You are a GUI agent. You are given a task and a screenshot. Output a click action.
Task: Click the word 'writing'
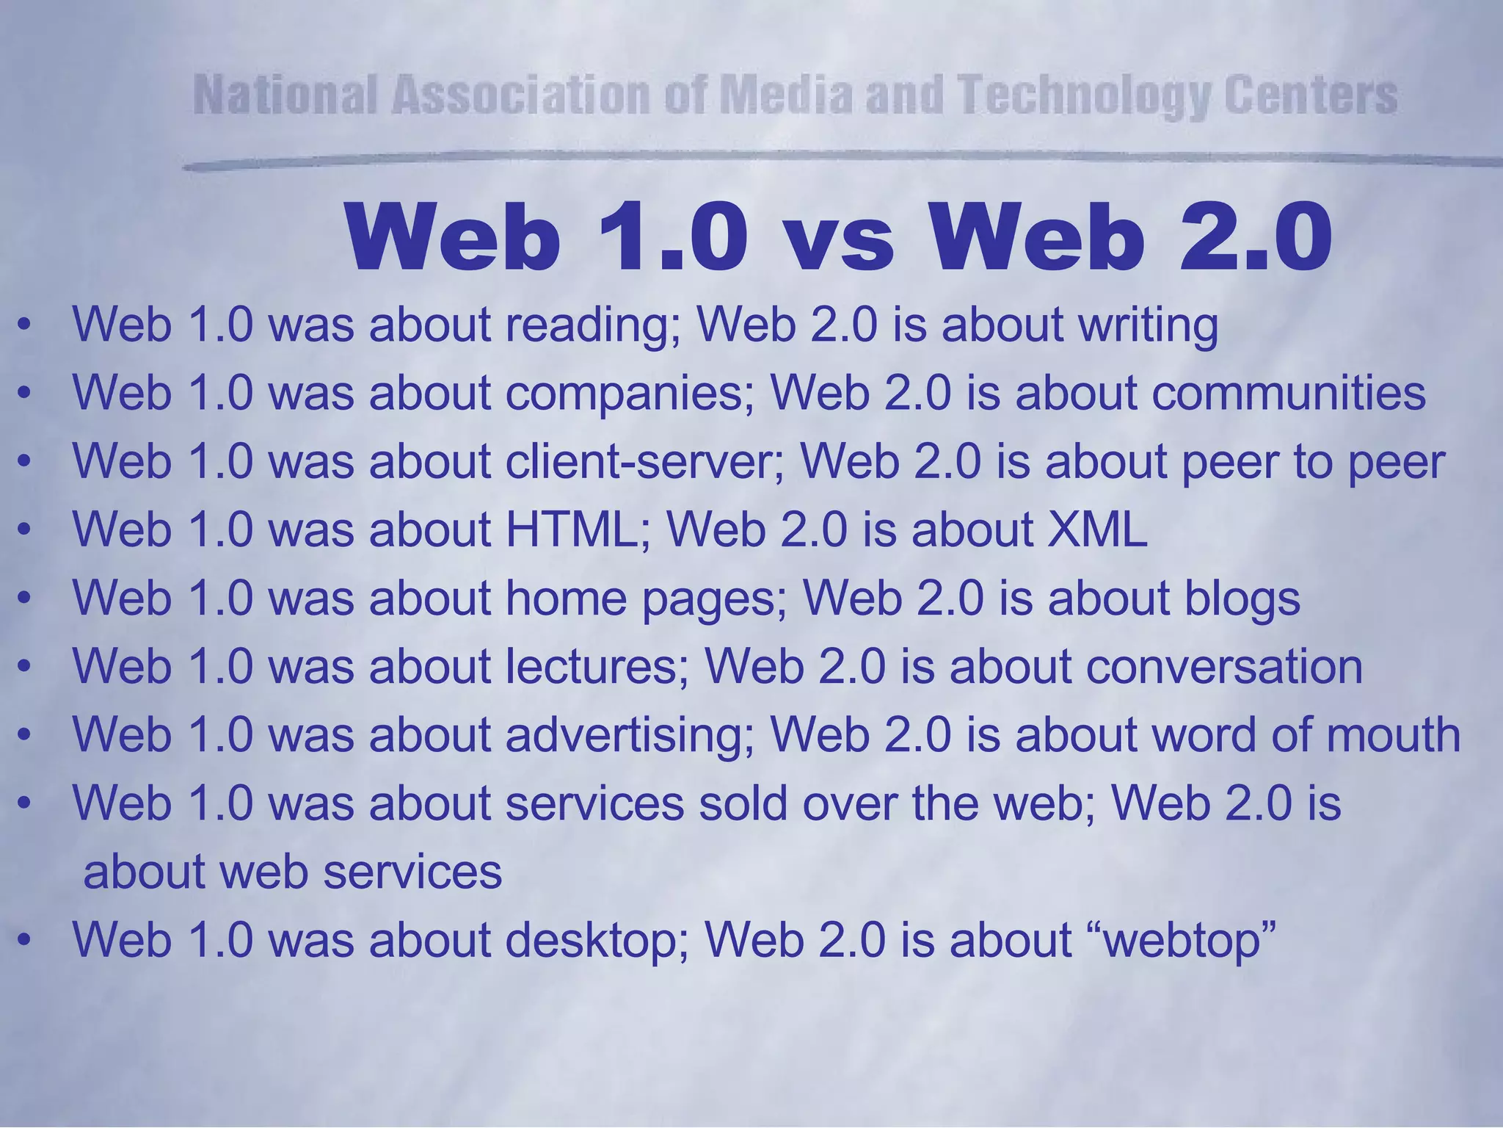tap(1148, 325)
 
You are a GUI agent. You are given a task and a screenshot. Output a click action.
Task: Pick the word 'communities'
tap(1289, 393)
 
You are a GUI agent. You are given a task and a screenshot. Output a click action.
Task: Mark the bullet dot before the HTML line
tap(25, 530)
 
